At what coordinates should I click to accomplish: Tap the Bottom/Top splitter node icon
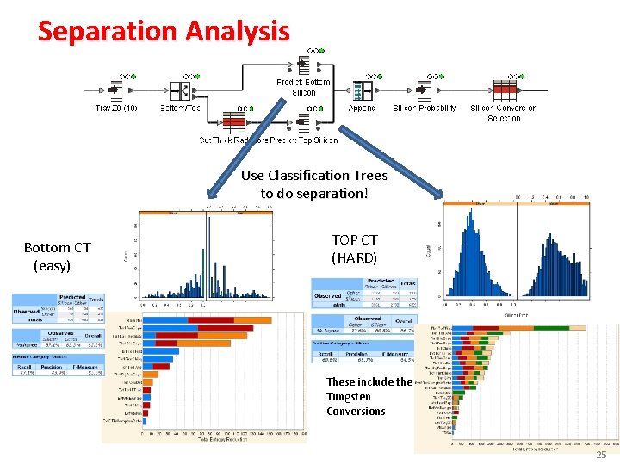tap(180, 90)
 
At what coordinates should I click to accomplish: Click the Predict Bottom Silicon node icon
tap(303, 65)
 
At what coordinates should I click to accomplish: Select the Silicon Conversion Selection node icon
tap(505, 90)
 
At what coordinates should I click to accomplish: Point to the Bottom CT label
tap(57, 248)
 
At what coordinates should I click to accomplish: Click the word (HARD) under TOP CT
tap(355, 257)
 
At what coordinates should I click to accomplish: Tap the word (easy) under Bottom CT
tap(52, 266)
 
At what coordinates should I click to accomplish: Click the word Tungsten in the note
tap(349, 397)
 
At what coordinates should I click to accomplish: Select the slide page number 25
tap(602, 454)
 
